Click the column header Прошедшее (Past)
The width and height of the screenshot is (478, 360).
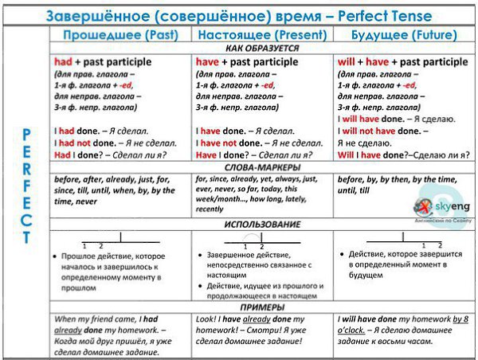coord(119,35)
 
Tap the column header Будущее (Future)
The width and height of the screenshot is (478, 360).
coord(406,35)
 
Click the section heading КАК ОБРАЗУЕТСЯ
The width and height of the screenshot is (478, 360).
coord(261,49)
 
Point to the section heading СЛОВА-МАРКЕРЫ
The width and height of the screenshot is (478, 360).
coord(261,168)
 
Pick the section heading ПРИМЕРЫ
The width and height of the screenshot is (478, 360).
coord(261,307)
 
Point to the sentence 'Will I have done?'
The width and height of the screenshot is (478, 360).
coord(374,156)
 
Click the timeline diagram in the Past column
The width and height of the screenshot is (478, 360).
coord(119,238)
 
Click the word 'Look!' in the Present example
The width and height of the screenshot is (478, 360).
coord(208,319)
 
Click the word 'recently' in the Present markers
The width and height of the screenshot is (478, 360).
coord(210,209)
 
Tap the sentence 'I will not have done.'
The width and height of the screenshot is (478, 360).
coord(379,131)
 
